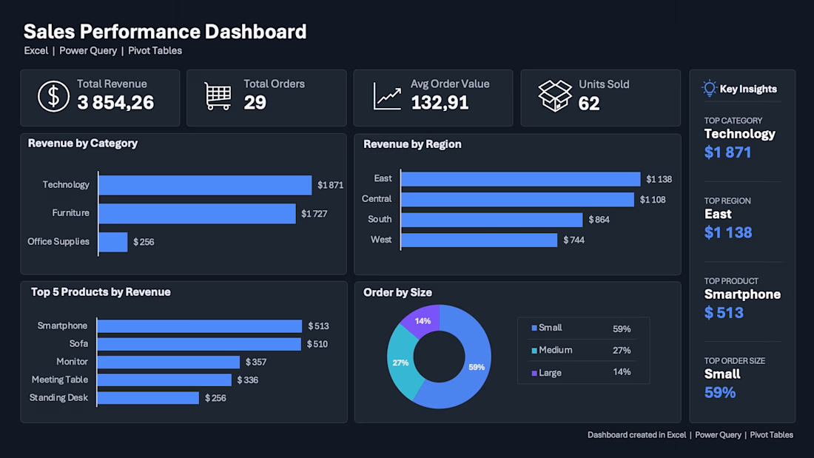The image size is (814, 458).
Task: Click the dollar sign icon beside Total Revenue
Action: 53,97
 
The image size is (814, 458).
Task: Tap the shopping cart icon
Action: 218,96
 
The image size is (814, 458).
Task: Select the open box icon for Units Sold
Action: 554,96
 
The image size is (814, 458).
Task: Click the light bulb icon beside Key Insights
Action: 709,88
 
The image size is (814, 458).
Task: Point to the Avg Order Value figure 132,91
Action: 440,103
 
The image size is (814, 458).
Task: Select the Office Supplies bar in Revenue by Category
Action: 113,242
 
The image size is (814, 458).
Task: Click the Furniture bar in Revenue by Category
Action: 198,213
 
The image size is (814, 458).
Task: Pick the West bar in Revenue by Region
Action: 480,240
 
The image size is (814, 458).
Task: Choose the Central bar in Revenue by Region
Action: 517,199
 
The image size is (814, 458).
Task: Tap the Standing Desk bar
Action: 148,398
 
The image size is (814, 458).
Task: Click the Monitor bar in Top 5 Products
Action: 169,362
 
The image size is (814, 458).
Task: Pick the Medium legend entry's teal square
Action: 534,351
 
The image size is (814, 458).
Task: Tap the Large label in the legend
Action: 551,373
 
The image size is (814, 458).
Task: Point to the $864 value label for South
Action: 599,220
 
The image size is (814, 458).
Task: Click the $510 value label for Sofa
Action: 317,344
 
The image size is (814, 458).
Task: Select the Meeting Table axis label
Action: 60,380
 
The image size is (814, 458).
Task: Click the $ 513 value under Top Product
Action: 724,312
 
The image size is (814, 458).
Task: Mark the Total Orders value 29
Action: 255,103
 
